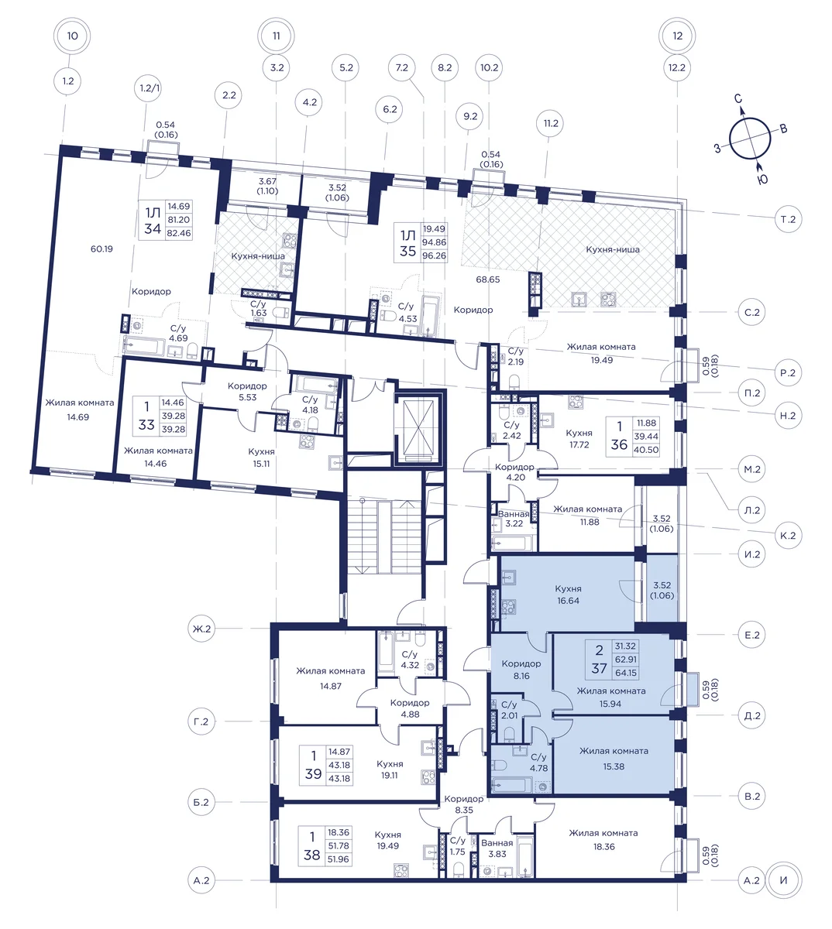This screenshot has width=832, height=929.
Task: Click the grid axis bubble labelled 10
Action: click(72, 36)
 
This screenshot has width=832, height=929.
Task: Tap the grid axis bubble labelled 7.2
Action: click(401, 68)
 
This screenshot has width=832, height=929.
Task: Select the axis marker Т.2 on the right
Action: click(788, 219)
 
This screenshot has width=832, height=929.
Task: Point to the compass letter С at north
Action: click(738, 98)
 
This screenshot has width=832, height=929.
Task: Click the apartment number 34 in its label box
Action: click(153, 228)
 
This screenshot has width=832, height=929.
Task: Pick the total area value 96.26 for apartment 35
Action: click(434, 255)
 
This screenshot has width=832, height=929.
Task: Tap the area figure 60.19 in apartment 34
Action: click(101, 249)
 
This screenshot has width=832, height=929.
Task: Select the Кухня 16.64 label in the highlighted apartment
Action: click(568, 595)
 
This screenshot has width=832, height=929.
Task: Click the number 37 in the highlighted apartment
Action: click(599, 668)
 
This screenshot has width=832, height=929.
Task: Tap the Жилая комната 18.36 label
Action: click(603, 840)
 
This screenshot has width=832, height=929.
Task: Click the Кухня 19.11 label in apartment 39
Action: click(390, 769)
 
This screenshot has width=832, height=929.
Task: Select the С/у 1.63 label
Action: click(259, 308)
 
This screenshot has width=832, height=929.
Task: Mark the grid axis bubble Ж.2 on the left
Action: click(201, 629)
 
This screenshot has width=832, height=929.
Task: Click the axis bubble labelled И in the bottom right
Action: click(783, 880)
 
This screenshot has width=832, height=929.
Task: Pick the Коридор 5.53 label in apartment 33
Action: click(247, 392)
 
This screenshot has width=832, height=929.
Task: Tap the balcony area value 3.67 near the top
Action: click(267, 181)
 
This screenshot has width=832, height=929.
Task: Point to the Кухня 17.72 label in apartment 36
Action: click(579, 438)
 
